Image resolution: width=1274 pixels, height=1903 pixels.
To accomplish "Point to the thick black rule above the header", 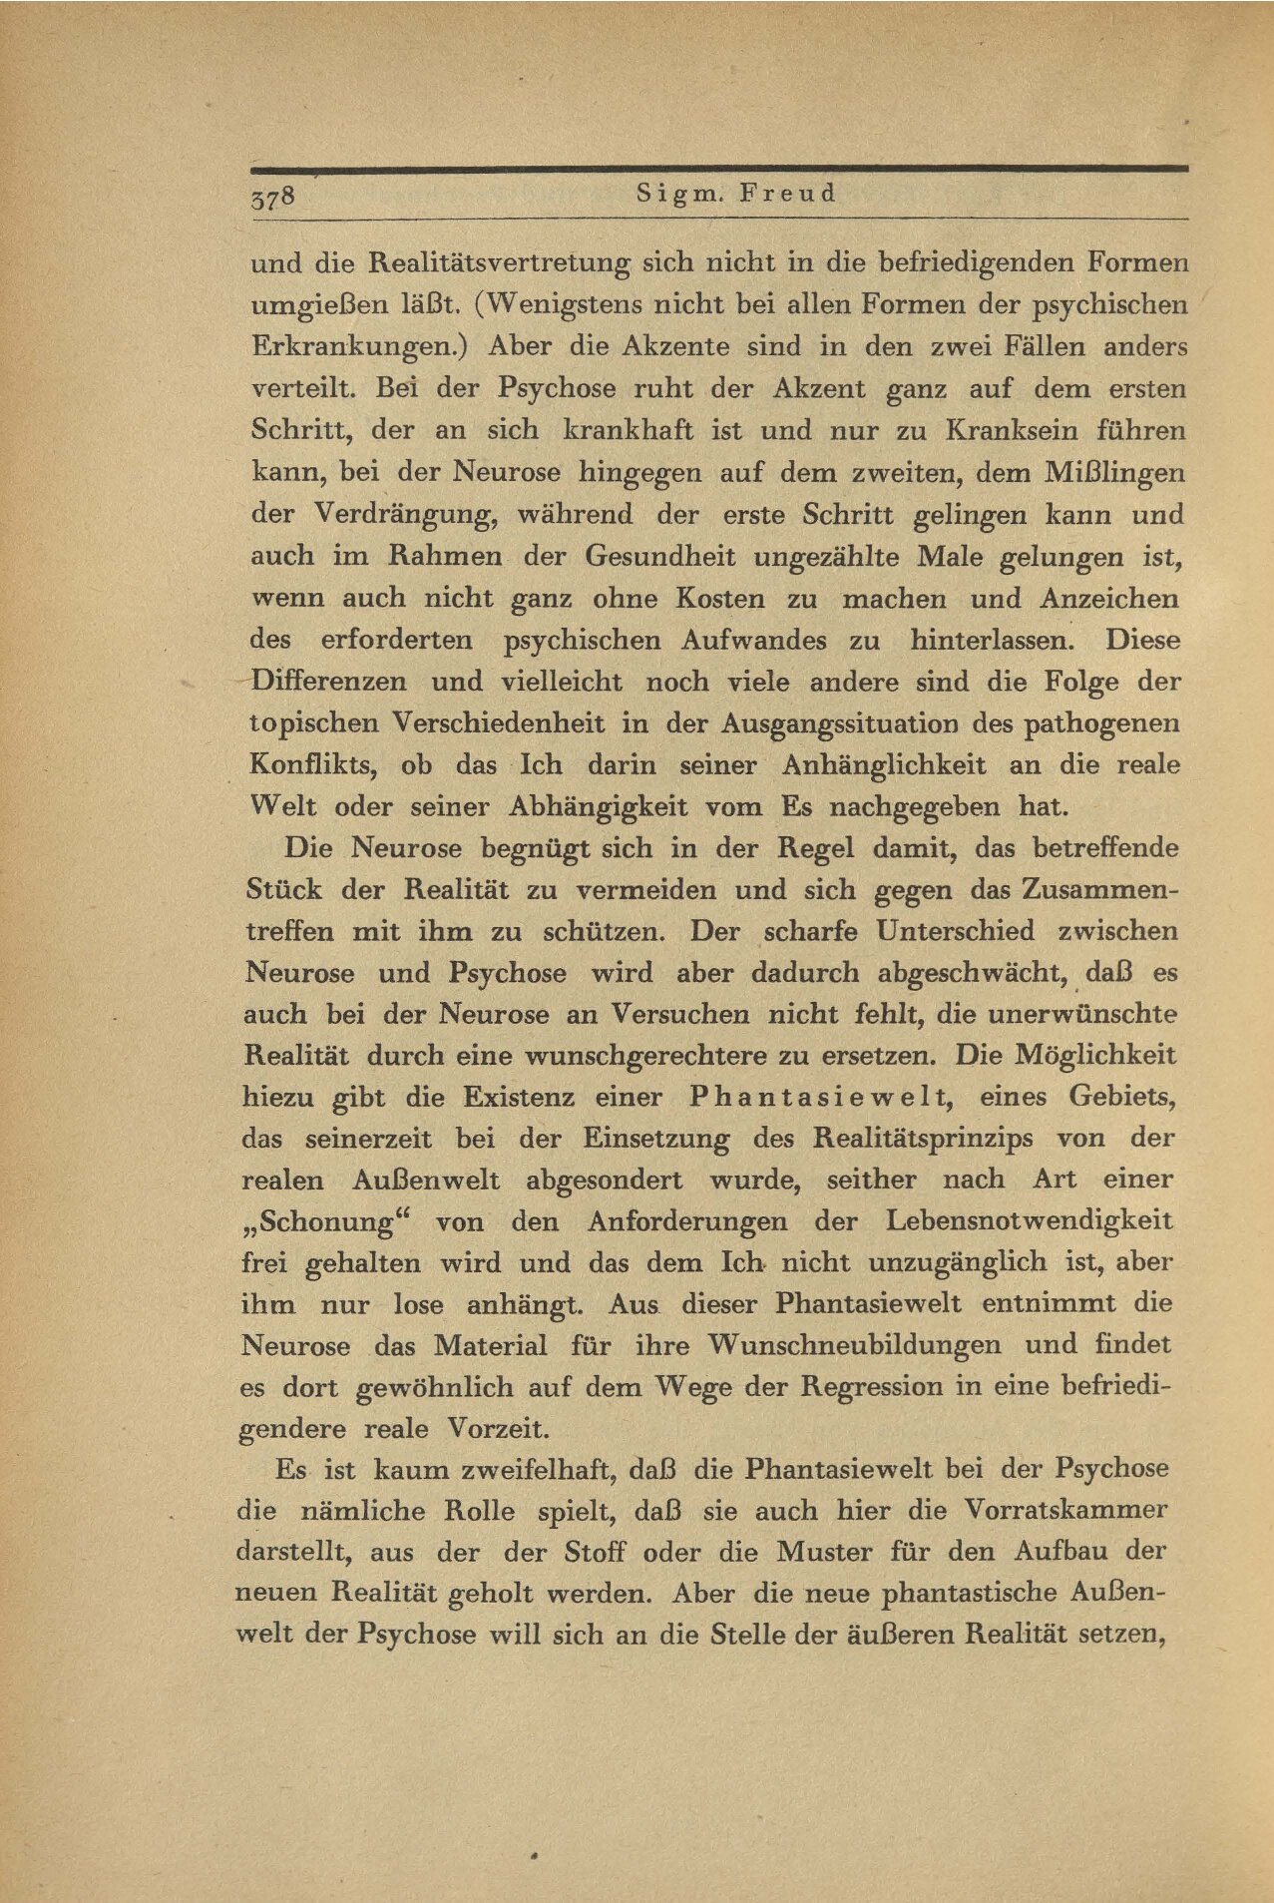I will tap(718, 170).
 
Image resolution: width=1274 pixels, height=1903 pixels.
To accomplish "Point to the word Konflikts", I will tap(308, 765).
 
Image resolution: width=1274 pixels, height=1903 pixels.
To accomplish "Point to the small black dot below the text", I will tap(535, 1857).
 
